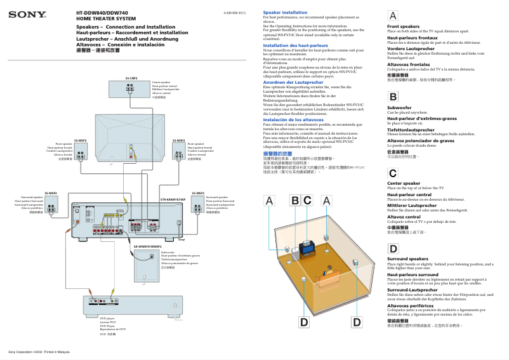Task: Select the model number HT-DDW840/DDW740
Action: pos(101,12)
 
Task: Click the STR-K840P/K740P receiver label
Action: pos(173,199)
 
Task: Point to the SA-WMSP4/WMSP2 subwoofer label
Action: pos(147,246)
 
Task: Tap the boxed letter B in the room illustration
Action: pos(294,200)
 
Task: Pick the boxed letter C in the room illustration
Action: pos(307,200)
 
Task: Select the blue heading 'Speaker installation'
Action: pos(285,12)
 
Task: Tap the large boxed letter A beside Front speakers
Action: pos(393,15)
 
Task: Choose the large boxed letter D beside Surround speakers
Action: pos(393,249)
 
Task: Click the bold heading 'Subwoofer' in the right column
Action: pos(399,109)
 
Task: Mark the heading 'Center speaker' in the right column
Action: pos(404,183)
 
